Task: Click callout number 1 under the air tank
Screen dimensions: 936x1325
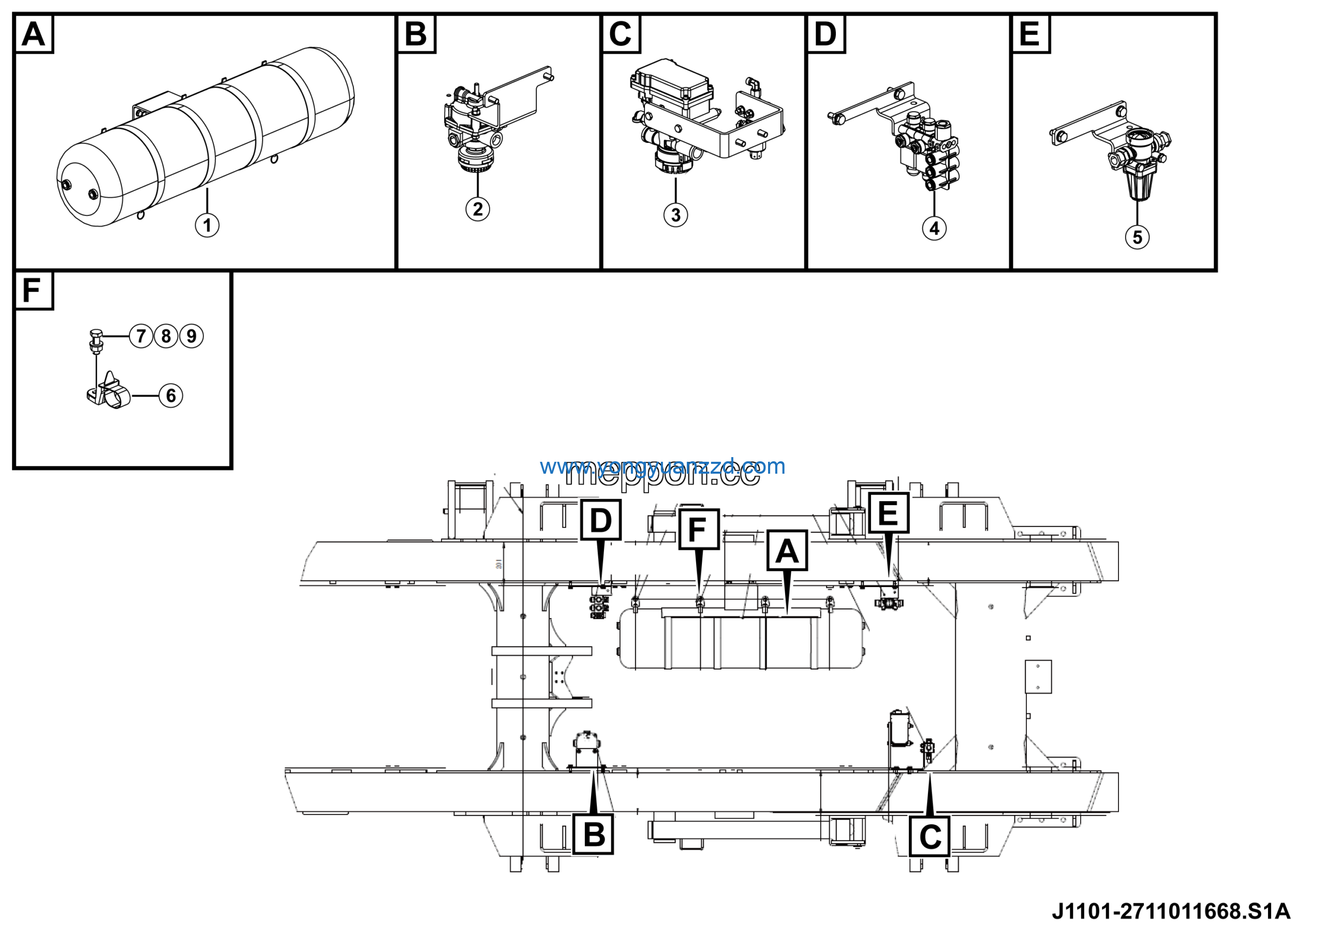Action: [207, 225]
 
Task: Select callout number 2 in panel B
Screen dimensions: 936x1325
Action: [477, 209]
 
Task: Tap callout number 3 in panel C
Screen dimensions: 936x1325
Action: [675, 215]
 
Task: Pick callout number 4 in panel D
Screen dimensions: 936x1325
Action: [934, 228]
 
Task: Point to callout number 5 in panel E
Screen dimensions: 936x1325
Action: [1137, 237]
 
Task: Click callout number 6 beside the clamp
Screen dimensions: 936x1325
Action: [171, 396]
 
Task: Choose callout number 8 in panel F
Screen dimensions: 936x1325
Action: [166, 336]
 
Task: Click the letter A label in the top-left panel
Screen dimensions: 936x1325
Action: [34, 34]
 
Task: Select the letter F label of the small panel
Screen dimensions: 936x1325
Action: [32, 290]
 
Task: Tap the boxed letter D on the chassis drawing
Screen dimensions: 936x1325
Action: [601, 520]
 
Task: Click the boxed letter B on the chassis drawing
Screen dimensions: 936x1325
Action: [593, 835]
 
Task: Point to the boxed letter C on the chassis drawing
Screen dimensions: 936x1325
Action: [930, 837]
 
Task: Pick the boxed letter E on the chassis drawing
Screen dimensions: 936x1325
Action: [888, 513]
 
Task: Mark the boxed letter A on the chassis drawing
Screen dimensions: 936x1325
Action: [787, 551]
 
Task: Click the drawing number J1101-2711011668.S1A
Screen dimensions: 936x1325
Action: [1171, 912]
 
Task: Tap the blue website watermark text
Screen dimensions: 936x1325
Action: [662, 466]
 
